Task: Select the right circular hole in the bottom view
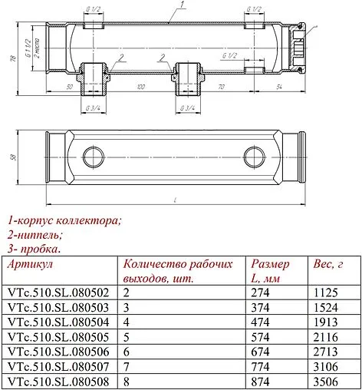click(x=254, y=157)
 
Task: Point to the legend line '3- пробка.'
click(x=35, y=248)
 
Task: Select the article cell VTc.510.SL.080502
click(x=58, y=292)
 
